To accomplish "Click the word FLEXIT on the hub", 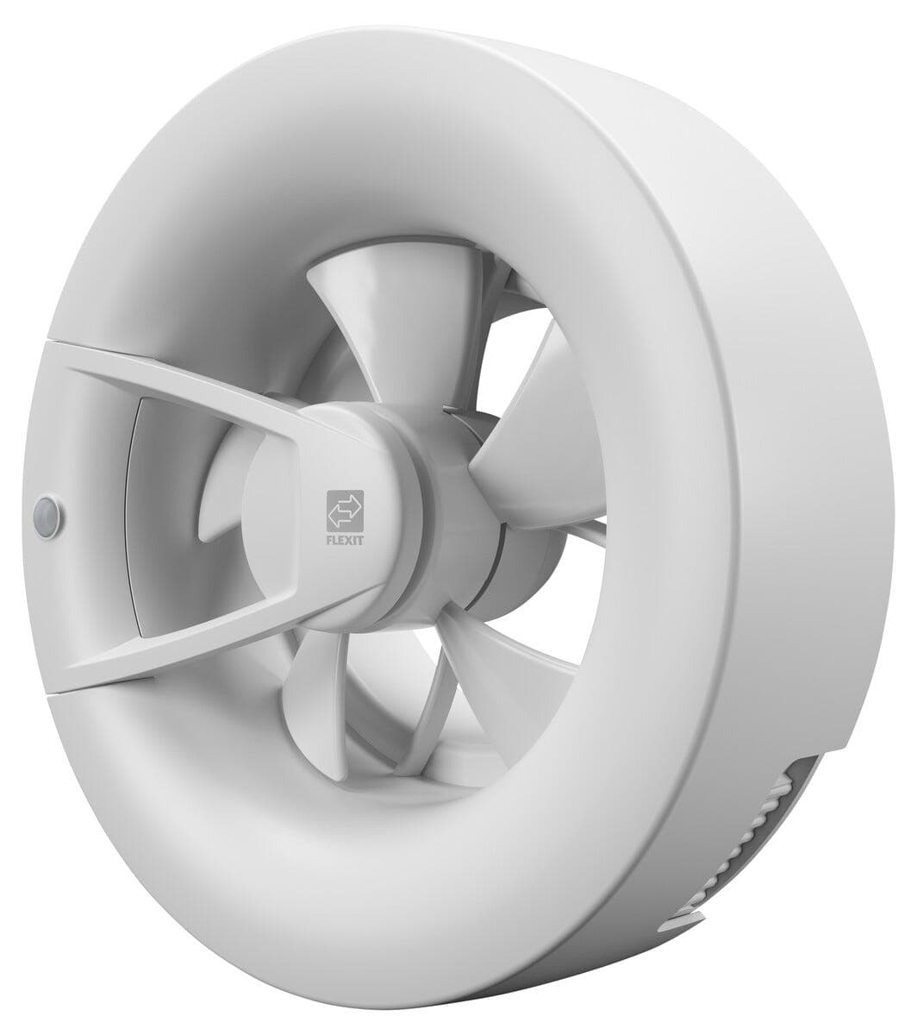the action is pyautogui.click(x=346, y=541).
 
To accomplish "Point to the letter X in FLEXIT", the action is pyautogui.click(x=350, y=542).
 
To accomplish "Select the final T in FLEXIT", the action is pyautogui.click(x=360, y=542).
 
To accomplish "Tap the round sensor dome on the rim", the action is pyautogui.click(x=48, y=510).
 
